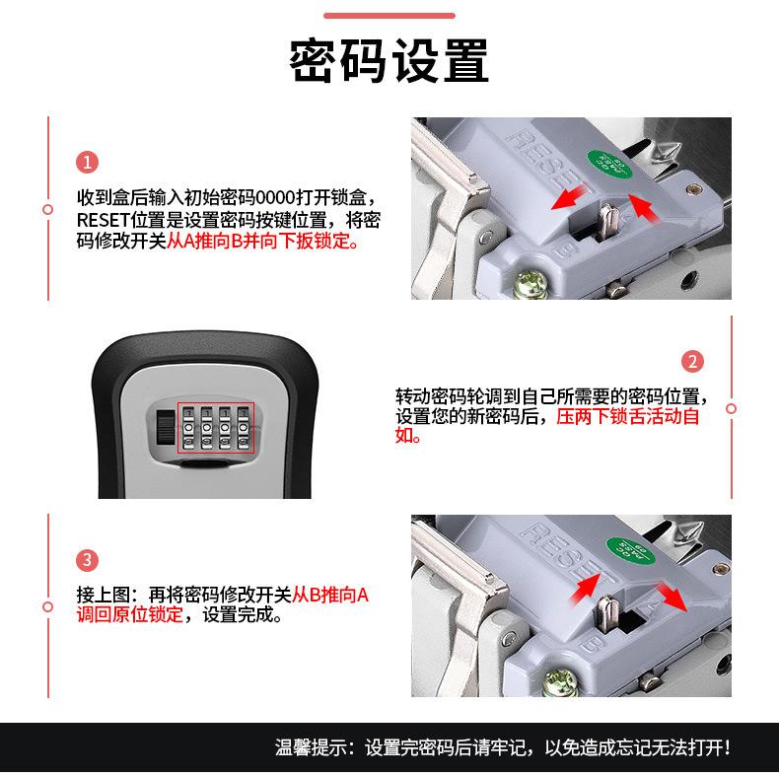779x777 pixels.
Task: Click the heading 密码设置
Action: click(389, 61)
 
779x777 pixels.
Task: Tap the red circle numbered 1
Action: click(88, 163)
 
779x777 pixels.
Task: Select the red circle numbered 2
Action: click(693, 362)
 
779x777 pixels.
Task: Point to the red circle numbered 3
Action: click(88, 561)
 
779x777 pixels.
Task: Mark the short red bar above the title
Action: click(389, 16)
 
